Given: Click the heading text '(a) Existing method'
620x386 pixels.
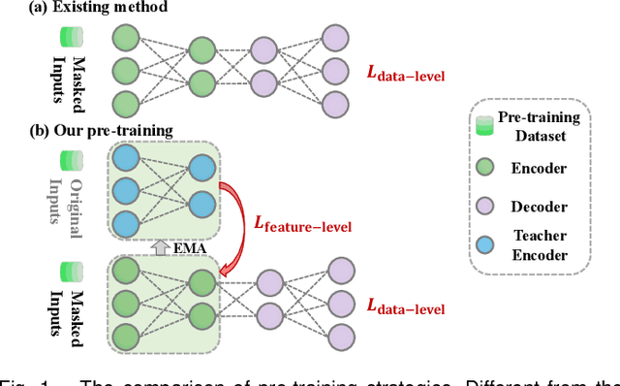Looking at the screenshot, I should tap(86, 9).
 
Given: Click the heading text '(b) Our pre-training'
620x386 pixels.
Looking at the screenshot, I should tap(89, 130).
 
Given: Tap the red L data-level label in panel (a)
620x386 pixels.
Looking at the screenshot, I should tap(407, 71).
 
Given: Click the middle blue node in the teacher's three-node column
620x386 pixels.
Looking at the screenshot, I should tap(127, 190).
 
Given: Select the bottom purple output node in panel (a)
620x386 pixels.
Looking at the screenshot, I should tap(333, 104).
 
